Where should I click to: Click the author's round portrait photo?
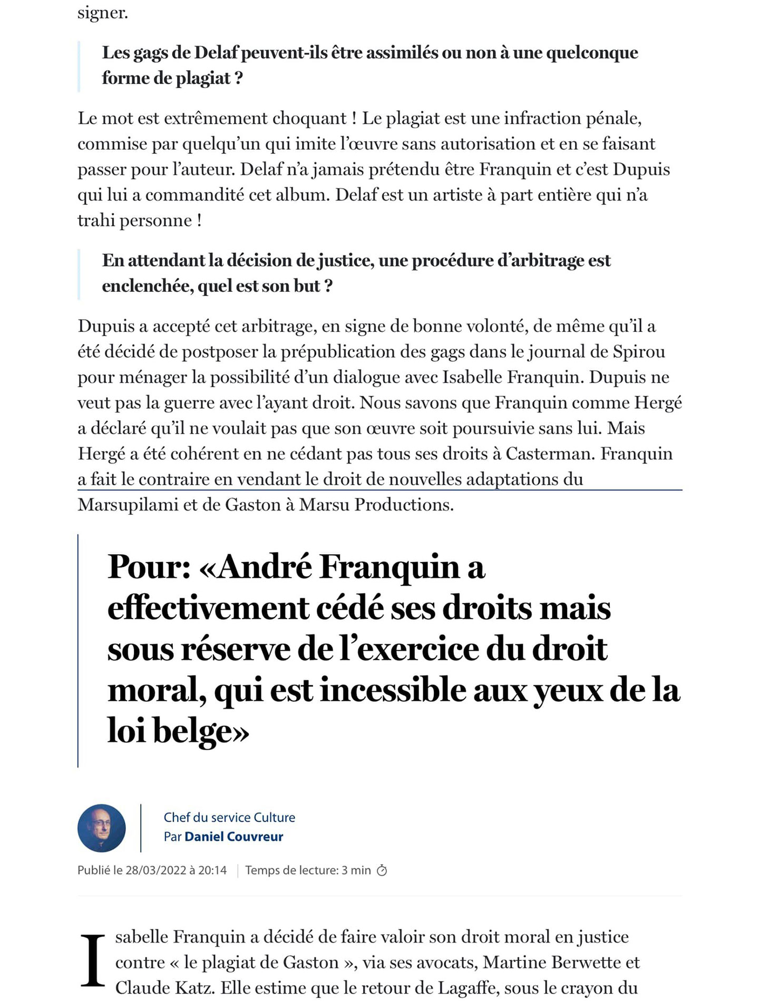pyautogui.click(x=101, y=828)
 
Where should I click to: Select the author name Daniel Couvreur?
pyautogui.click(x=233, y=837)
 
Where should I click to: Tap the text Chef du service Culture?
pyautogui.click(x=229, y=817)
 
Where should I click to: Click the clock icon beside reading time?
pyautogui.click(x=382, y=870)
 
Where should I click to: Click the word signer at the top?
pyautogui.click(x=103, y=13)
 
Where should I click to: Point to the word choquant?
pyautogui.click(x=309, y=118)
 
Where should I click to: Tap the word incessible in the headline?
pyautogui.click(x=393, y=690)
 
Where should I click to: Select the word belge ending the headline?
pyautogui.click(x=200, y=731)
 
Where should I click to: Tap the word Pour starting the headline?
pyautogui.click(x=149, y=567)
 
